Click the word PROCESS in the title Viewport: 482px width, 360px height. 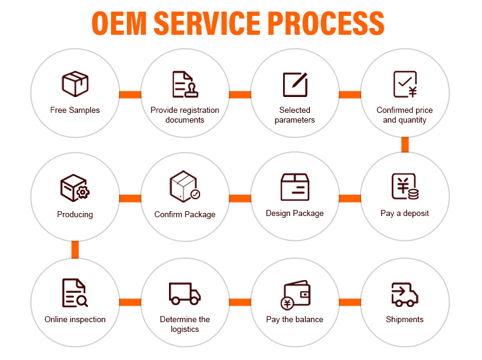326,23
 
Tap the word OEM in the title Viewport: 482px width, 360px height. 119,23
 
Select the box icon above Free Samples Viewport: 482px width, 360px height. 75,84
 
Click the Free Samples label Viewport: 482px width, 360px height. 75,110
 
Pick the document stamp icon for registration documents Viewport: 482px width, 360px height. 185,84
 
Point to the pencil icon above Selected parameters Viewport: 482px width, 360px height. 295,84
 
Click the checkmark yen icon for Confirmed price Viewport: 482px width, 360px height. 405,84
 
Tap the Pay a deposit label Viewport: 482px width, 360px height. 405,214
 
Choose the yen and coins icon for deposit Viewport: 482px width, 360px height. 405,187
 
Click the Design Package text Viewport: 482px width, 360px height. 295,214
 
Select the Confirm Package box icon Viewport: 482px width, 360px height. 185,186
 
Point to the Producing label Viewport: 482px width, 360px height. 75,215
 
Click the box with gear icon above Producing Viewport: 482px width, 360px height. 75,187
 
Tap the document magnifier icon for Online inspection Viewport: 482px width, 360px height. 75,293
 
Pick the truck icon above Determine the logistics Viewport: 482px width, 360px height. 185,293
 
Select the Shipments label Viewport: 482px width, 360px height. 405,319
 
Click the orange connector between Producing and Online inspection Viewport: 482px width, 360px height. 75,250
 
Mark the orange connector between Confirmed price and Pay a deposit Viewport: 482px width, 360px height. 405,145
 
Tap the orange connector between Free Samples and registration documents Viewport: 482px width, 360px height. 130,95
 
